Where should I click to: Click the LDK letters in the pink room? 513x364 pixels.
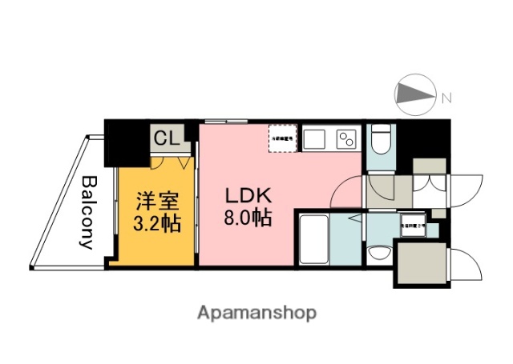[248, 194]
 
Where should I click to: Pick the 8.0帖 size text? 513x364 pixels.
[248, 217]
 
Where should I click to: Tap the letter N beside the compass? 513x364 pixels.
[446, 98]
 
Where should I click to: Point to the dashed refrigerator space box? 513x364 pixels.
[283, 138]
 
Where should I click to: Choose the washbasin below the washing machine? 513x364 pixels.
[377, 254]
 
